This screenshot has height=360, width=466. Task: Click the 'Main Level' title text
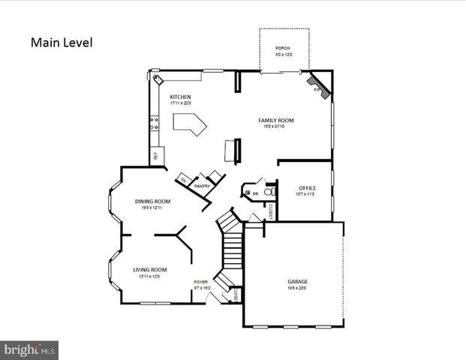(62, 42)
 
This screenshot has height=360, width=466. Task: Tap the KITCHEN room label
(180, 97)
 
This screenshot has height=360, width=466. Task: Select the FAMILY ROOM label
(275, 120)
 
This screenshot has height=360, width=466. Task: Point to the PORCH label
(282, 48)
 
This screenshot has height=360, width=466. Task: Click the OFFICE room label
(307, 187)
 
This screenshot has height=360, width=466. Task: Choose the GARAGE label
(297, 282)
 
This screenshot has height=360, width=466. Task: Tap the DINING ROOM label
(152, 201)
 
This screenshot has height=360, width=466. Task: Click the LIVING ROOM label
(150, 270)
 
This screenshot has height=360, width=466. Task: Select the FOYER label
(200, 282)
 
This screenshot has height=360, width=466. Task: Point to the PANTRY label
(201, 186)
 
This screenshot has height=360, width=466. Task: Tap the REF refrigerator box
(155, 156)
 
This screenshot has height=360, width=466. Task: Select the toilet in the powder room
(273, 193)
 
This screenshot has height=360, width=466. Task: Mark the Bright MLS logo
(30, 349)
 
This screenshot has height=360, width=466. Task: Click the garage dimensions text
(297, 288)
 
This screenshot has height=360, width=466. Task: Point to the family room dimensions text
(275, 126)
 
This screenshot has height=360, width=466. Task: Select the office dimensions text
(307, 193)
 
